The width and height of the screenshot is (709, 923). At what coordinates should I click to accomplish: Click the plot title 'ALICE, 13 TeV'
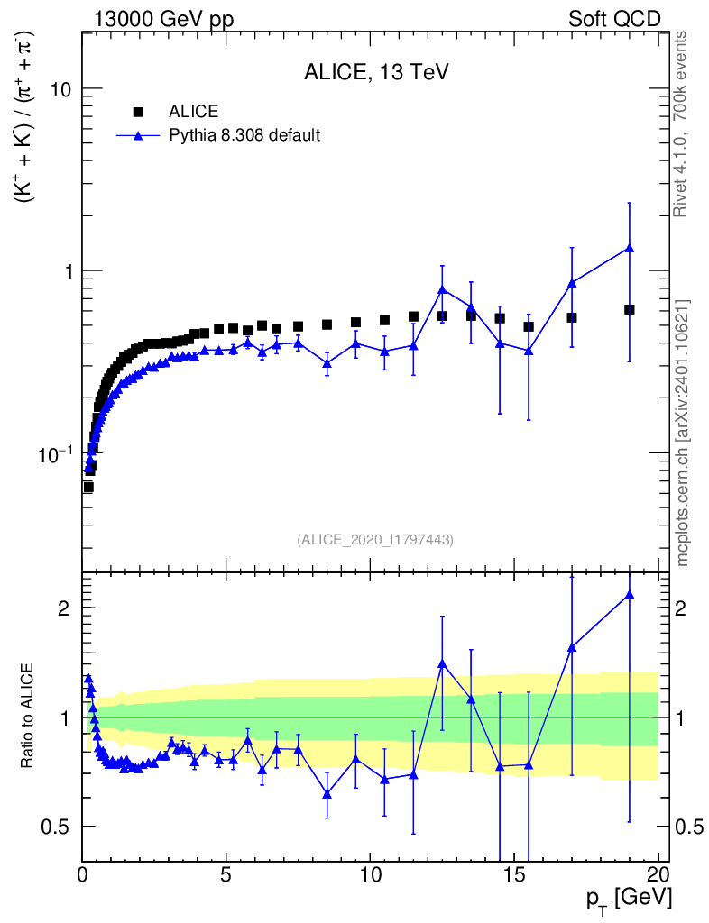(x=376, y=72)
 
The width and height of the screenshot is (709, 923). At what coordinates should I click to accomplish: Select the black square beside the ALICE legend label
(x=138, y=111)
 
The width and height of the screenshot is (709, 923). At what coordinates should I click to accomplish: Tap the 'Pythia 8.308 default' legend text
(x=244, y=135)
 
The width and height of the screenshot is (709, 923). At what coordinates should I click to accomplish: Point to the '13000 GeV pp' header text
(x=163, y=20)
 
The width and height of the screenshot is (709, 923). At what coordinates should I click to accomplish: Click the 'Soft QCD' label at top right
(x=614, y=20)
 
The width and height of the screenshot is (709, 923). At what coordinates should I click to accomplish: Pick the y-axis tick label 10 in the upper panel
(x=60, y=89)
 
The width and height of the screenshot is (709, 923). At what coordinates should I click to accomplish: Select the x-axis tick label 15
(x=515, y=874)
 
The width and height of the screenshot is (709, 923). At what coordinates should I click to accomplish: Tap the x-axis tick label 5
(x=226, y=874)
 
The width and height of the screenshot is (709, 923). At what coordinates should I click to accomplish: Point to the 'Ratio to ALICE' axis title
(x=27, y=716)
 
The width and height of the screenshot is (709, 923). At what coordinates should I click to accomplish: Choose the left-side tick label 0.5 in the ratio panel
(x=55, y=827)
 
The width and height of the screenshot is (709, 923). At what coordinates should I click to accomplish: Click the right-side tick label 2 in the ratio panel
(x=680, y=608)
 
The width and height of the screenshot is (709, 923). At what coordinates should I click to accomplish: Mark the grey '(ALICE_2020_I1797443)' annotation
(x=376, y=540)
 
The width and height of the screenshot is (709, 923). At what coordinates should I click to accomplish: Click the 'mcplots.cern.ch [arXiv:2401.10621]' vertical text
(x=682, y=434)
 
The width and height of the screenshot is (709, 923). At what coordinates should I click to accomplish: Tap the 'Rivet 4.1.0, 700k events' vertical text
(x=680, y=124)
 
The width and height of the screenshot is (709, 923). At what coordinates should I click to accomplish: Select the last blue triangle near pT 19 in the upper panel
(x=629, y=248)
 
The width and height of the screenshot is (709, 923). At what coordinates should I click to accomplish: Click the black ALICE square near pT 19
(x=629, y=310)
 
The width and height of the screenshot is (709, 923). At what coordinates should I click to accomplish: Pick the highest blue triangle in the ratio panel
(x=629, y=595)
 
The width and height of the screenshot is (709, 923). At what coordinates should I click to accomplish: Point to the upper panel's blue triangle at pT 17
(x=571, y=283)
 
